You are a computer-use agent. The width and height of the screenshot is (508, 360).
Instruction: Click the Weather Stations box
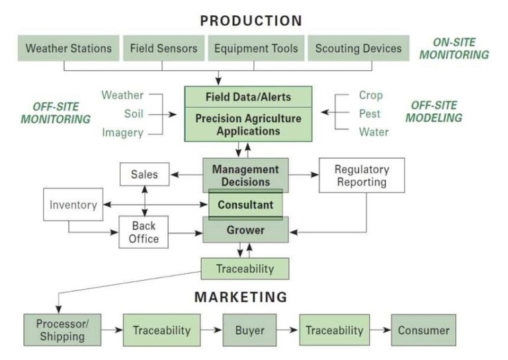(x=68, y=48)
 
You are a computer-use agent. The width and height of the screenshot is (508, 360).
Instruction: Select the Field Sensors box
(x=163, y=48)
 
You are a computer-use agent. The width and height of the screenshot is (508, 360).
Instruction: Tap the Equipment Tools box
(x=256, y=48)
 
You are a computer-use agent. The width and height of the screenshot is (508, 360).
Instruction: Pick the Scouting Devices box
(x=358, y=48)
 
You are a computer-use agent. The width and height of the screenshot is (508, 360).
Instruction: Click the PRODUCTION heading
(x=251, y=21)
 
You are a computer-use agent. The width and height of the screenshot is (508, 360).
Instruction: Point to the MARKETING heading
(x=241, y=297)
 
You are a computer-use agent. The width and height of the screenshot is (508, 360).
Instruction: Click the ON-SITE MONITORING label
(x=453, y=48)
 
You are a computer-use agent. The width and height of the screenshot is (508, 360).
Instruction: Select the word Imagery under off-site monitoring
(x=122, y=132)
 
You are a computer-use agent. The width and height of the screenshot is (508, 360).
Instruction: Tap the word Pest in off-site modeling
(x=370, y=113)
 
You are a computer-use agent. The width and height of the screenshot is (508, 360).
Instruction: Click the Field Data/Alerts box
(x=248, y=97)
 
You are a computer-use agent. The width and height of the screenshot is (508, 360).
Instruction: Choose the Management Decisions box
(x=245, y=175)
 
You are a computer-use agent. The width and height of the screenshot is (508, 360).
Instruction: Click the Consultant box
(x=245, y=204)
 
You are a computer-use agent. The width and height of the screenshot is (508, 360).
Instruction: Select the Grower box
(x=245, y=231)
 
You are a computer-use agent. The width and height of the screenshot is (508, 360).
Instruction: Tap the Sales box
(x=144, y=175)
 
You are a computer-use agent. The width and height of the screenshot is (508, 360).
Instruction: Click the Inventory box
(x=73, y=205)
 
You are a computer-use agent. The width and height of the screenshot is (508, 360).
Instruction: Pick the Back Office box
(x=144, y=232)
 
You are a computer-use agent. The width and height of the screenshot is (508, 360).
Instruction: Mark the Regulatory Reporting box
(x=362, y=175)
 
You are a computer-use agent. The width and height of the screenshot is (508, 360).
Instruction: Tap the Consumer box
(x=423, y=330)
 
